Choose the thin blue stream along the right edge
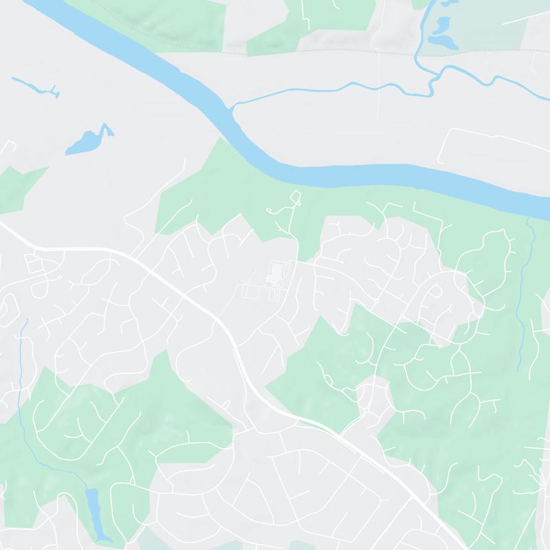point(527,289)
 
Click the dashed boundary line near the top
point(309,52)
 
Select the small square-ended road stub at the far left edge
point(10,146)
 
